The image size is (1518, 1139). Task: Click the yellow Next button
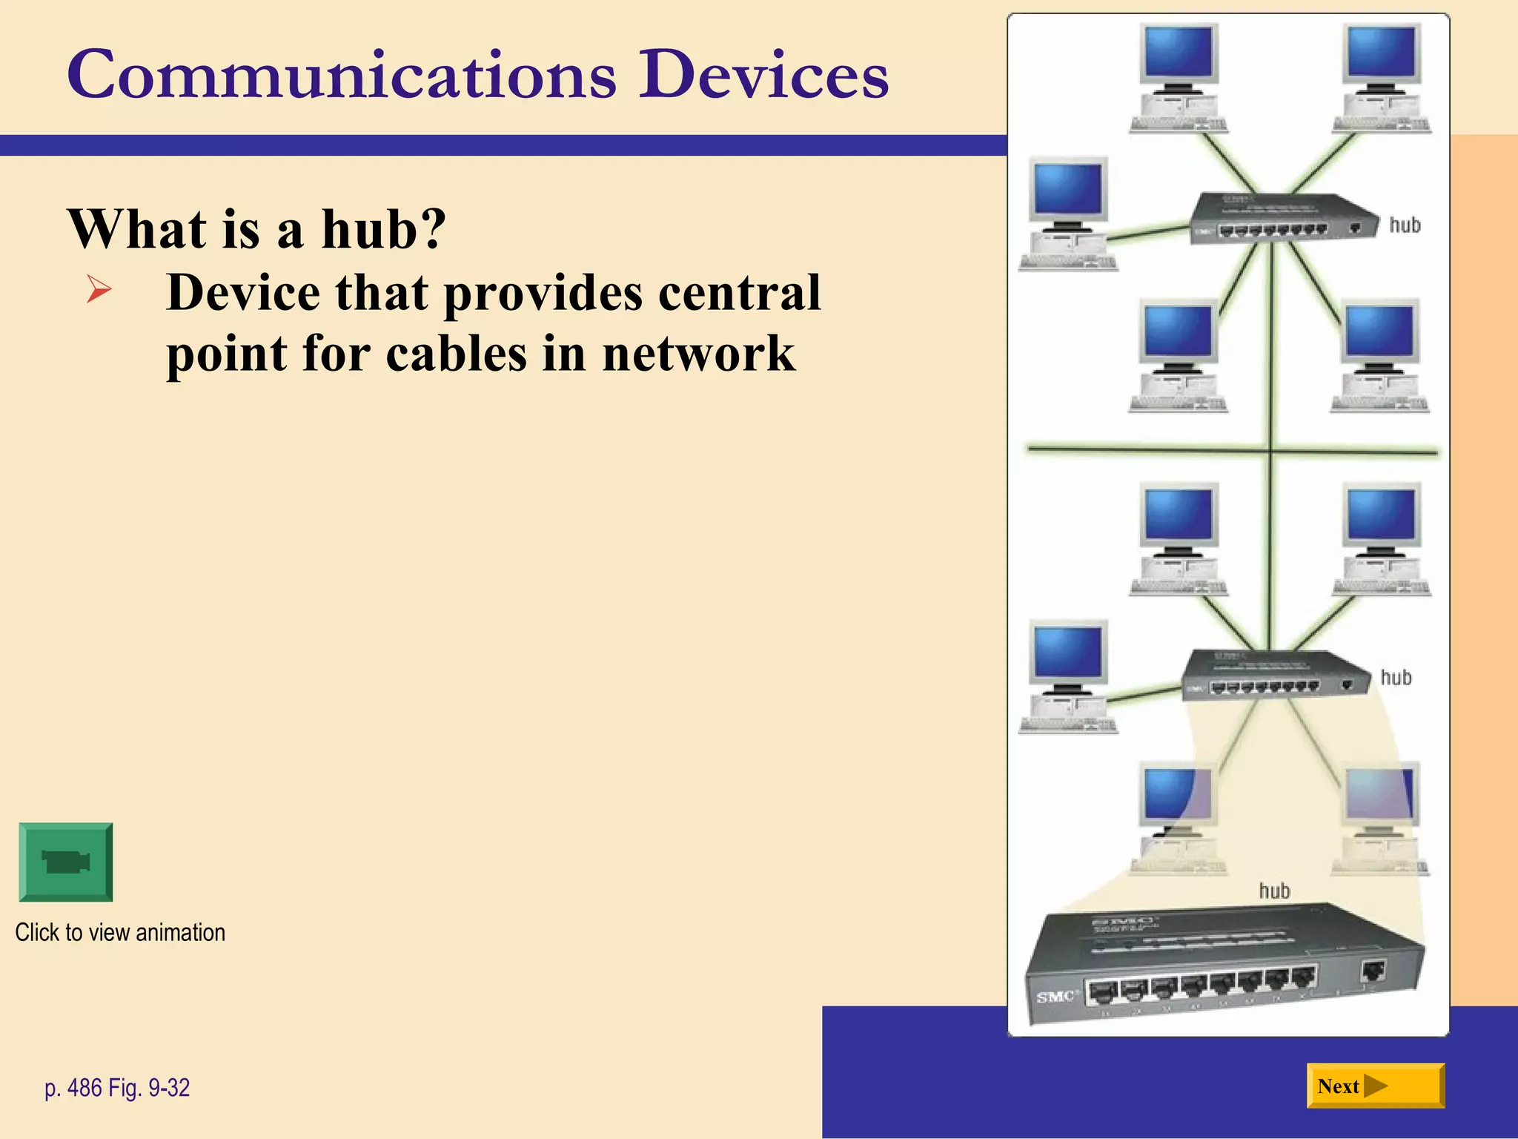click(x=1375, y=1086)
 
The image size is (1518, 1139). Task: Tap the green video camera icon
click(x=66, y=862)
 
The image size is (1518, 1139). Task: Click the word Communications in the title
click(x=341, y=75)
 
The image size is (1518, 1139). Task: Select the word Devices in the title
click(x=763, y=75)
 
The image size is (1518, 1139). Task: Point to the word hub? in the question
click(x=383, y=228)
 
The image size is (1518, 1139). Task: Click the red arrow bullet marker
click(x=99, y=288)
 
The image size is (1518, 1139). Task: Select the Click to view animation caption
click(x=120, y=932)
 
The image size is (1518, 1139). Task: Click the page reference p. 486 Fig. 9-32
click(x=117, y=1088)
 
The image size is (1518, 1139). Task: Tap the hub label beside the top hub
click(x=1405, y=225)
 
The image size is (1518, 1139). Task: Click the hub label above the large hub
click(x=1274, y=891)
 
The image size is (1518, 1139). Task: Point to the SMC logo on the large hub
click(x=1055, y=997)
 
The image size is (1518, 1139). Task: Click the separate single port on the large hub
click(x=1373, y=970)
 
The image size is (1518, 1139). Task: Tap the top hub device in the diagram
click(x=1282, y=219)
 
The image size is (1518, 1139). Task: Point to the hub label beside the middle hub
click(x=1396, y=677)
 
